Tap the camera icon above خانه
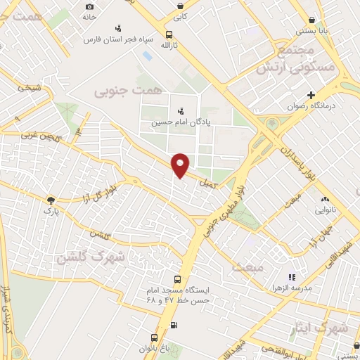[89, 6]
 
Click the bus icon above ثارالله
[167, 34]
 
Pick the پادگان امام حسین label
[181, 122]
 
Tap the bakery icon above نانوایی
[326, 188]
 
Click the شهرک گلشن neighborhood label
[89, 257]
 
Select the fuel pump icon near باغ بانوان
[174, 325]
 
